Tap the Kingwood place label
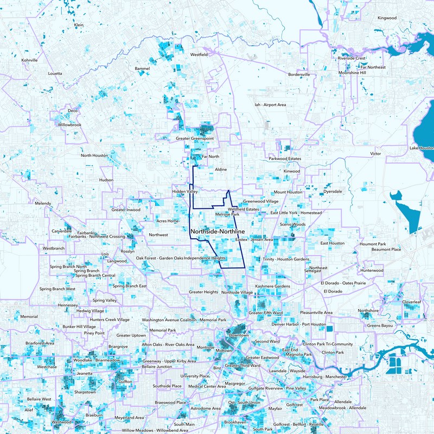[x=387, y=18]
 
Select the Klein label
[x=79, y=25]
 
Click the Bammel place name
[x=142, y=69]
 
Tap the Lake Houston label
[x=422, y=148]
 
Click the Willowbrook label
[x=69, y=125]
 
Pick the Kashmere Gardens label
[x=272, y=286]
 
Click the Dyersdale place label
[x=333, y=192]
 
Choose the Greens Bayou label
[x=380, y=325]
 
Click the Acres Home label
[x=168, y=221]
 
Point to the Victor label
[x=375, y=154]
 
